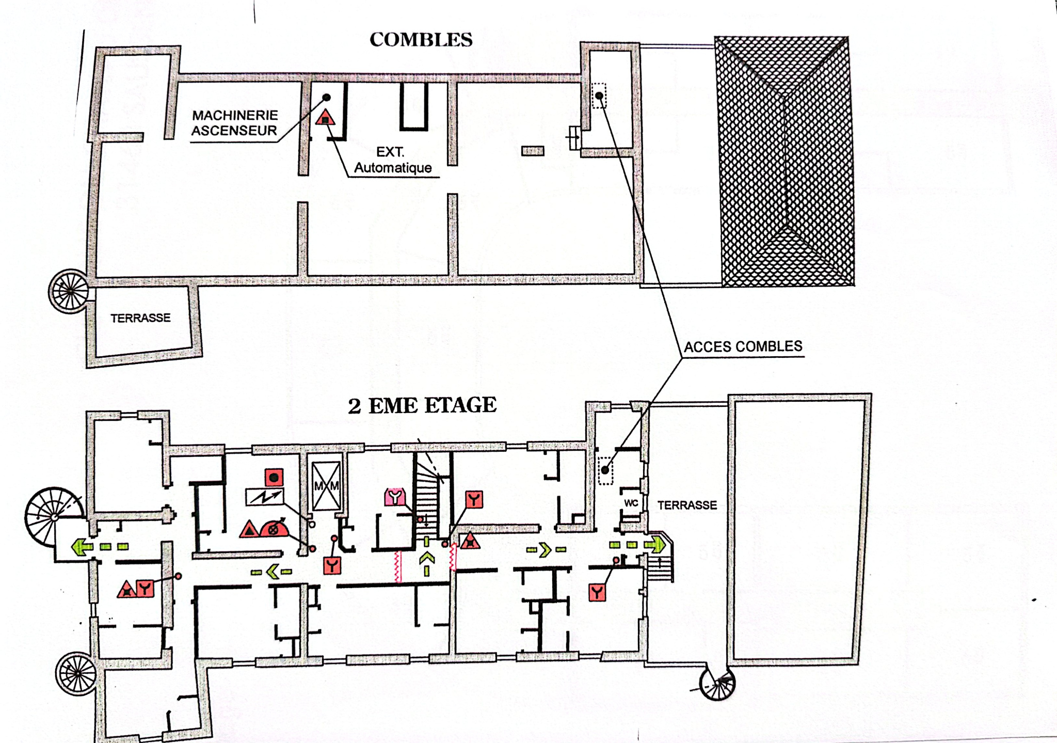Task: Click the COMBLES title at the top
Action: click(421, 40)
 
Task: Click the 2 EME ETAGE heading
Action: click(422, 405)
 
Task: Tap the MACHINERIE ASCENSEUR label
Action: click(235, 123)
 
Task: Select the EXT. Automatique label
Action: click(393, 160)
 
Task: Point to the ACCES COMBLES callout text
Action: click(743, 346)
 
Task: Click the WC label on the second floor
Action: click(631, 503)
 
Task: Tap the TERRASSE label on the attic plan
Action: click(140, 318)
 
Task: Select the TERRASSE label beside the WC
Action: click(687, 505)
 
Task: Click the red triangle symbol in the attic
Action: click(325, 117)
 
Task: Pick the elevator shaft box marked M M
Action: click(327, 486)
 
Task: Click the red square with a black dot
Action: click(274, 477)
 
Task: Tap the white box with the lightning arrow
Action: click(264, 497)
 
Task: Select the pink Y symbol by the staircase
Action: click(395, 497)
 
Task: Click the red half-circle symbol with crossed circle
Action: click(274, 529)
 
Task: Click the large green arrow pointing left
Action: click(82, 547)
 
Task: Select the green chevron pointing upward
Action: click(426, 558)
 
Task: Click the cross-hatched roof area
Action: click(784, 161)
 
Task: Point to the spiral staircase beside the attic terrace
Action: click(69, 291)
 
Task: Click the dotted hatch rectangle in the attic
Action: click(599, 96)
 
